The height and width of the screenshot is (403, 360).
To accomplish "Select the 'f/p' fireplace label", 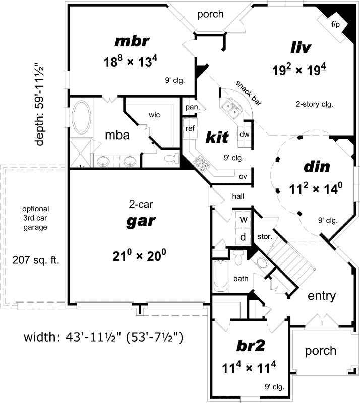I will pos(335,24).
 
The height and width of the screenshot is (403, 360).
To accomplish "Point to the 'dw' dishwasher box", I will pos(245,135).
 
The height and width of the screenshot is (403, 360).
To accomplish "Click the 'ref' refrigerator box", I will pos(190,128).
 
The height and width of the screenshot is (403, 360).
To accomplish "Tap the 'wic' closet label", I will pos(154,115).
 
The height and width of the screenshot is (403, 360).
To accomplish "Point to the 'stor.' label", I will pos(264,236).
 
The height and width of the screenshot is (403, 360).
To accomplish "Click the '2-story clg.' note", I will pos(315,104).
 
